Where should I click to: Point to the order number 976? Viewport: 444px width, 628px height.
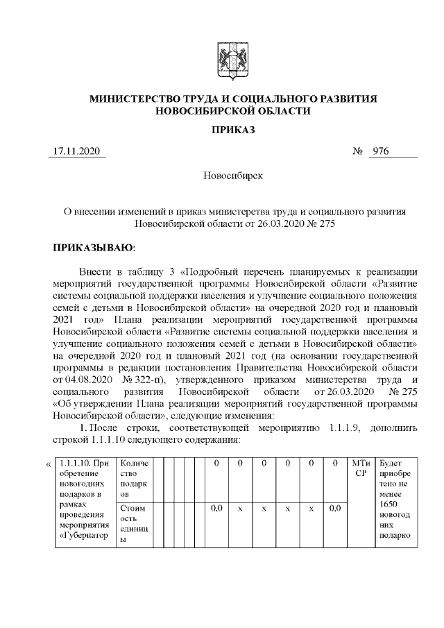coord(382,151)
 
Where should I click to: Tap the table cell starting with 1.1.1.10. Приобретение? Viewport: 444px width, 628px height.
coord(83,502)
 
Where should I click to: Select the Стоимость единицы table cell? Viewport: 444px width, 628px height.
coord(134,523)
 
